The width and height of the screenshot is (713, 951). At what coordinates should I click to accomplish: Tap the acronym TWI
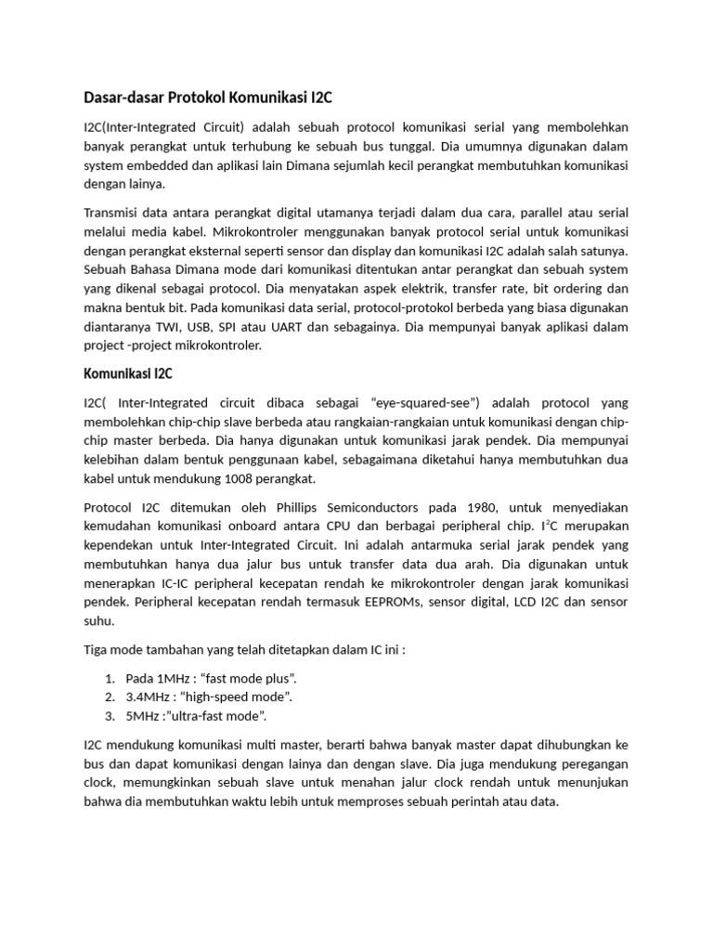click(175, 327)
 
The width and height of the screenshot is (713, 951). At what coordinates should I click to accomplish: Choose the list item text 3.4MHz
click(147, 697)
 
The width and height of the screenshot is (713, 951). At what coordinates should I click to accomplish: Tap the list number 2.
click(110, 697)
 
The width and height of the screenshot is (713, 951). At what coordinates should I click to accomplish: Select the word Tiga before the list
click(97, 649)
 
